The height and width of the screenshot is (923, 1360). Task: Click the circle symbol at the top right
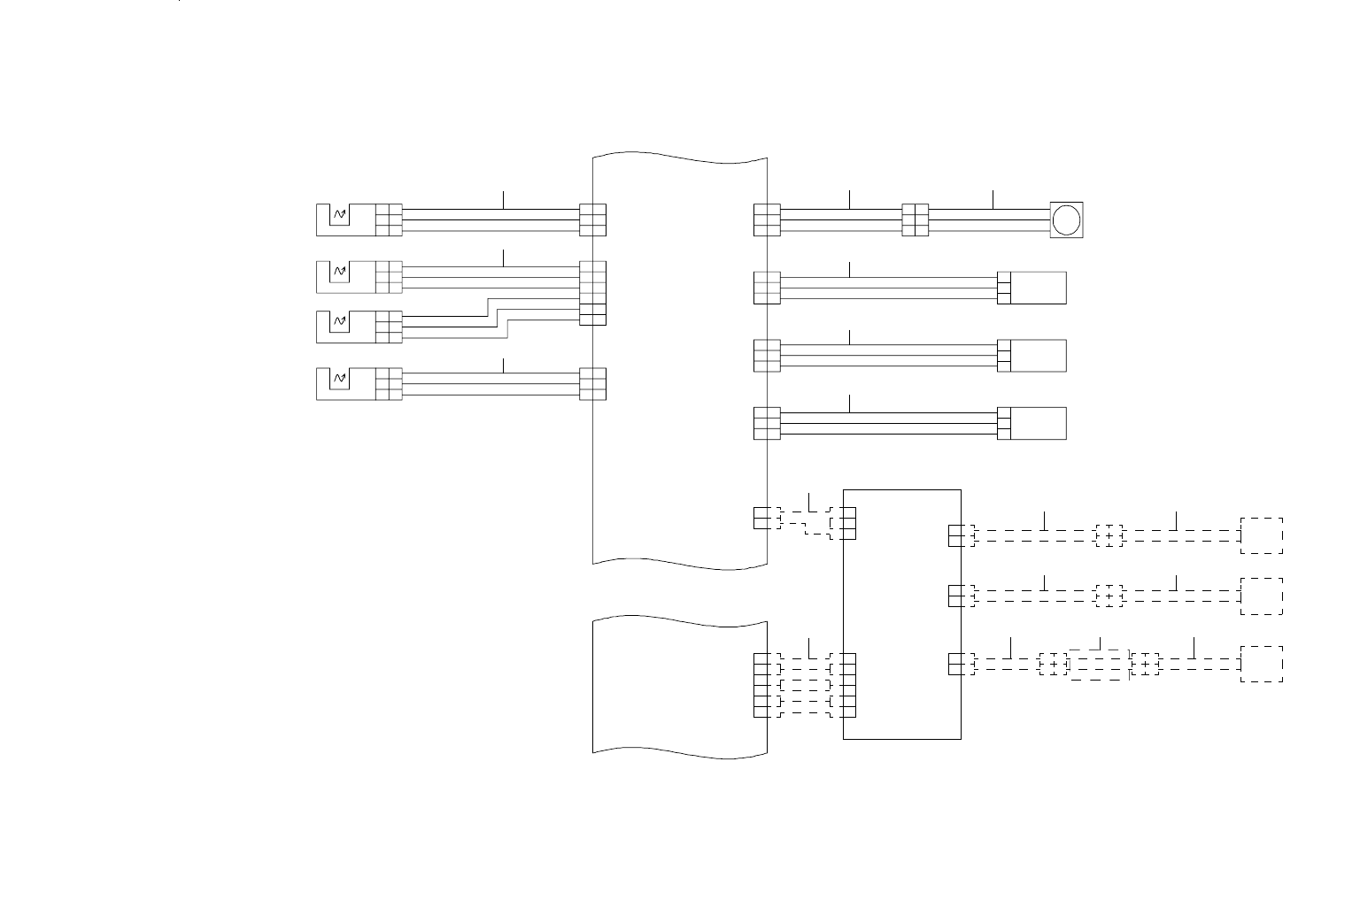click(x=1066, y=219)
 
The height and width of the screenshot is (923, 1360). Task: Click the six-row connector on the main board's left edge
click(x=593, y=293)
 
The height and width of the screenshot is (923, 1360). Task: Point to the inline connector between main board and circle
click(x=915, y=220)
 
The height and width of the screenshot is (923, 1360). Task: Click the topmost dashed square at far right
click(x=1262, y=535)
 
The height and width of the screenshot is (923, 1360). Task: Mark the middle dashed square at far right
click(x=1262, y=596)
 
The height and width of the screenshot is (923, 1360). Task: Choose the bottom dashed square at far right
click(x=1262, y=664)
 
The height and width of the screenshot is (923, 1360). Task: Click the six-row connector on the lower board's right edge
click(x=761, y=685)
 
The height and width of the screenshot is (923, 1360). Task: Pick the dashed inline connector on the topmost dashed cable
click(x=1109, y=535)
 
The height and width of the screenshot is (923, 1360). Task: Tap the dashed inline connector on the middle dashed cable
click(x=1109, y=596)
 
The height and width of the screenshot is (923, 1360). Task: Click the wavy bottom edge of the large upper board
click(x=679, y=563)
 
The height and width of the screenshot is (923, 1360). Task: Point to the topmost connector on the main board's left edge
click(x=593, y=220)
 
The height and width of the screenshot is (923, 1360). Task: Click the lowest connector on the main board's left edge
click(x=593, y=383)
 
